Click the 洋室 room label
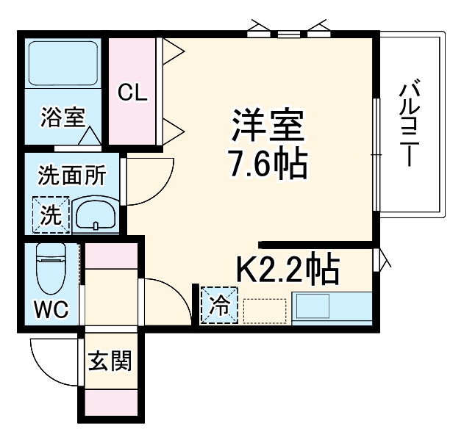pyautogui.click(x=268, y=126)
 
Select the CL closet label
pyautogui.click(x=134, y=93)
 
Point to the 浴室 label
pyautogui.click(x=63, y=117)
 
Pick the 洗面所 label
pyautogui.click(x=72, y=176)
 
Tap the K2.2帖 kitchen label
pyautogui.click(x=287, y=270)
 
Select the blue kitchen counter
pyautogui.click(x=331, y=308)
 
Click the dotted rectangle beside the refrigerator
pyautogui.click(x=265, y=310)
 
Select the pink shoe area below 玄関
pyautogui.click(x=110, y=401)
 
